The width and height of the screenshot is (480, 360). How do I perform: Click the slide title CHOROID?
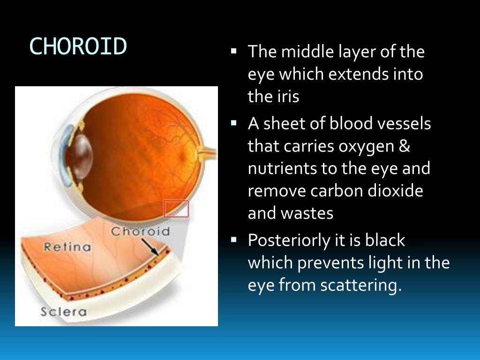(78, 46)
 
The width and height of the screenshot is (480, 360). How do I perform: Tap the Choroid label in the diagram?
(140, 231)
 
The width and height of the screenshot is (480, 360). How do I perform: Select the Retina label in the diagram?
(67, 247)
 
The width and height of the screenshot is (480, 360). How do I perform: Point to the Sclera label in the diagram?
(63, 311)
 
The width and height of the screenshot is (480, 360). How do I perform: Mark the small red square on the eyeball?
(176, 209)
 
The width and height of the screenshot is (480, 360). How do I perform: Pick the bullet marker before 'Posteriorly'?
(234, 239)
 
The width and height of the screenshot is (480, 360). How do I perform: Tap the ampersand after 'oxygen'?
(405, 146)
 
